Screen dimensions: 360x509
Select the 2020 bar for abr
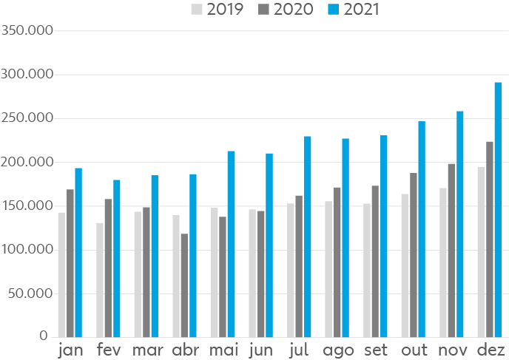pyautogui.click(x=184, y=285)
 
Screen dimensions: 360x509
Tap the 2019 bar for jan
pyautogui.click(x=61, y=274)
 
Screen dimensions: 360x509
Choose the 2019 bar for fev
pyautogui.click(x=100, y=279)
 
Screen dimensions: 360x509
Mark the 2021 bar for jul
pyautogui.click(x=307, y=237)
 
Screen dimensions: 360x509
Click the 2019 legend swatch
pyautogui.click(x=197, y=10)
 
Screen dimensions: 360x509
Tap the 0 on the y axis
pyautogui.click(x=44, y=336)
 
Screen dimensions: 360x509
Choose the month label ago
pyautogui.click(x=338, y=350)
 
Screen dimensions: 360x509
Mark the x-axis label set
pyautogui.click(x=375, y=349)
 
